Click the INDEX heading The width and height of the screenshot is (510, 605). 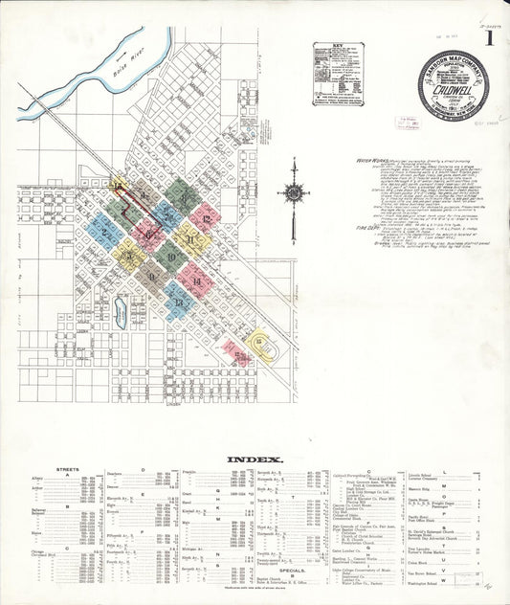255,459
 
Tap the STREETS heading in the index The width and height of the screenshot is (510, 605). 68,470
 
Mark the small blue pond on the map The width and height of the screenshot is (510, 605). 122,307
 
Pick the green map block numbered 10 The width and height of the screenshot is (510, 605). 169,257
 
